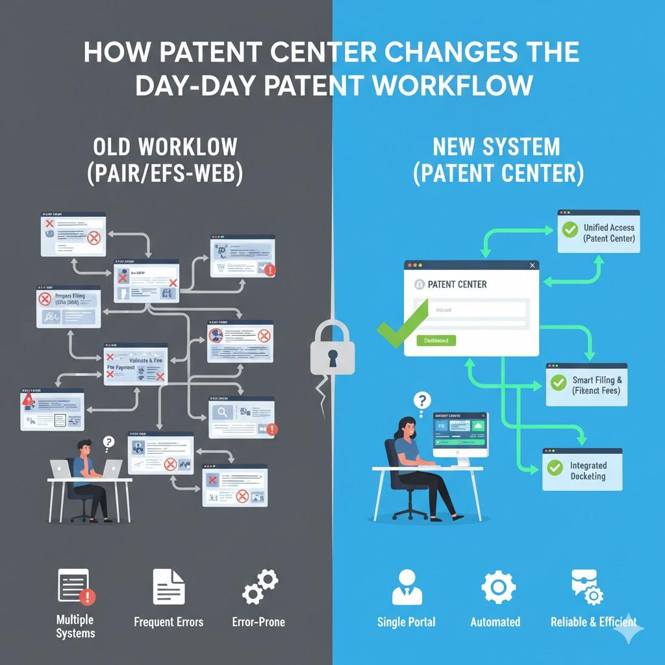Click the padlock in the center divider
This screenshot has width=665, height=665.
[332, 351]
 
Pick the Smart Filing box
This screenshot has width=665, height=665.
[586, 384]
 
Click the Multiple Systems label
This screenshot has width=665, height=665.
[75, 627]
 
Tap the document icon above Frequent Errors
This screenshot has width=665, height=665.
[168, 586]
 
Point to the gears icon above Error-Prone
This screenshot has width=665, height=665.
[260, 586]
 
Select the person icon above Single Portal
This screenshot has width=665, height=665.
[407, 587]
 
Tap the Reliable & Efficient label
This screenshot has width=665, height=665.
[594, 621]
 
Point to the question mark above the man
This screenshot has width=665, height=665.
[108, 442]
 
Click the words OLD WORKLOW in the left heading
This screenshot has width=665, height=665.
[165, 147]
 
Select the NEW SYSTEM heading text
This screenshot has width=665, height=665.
[496, 147]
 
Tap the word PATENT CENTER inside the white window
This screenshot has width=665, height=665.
[457, 284]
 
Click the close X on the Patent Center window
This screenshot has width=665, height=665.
[533, 266]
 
